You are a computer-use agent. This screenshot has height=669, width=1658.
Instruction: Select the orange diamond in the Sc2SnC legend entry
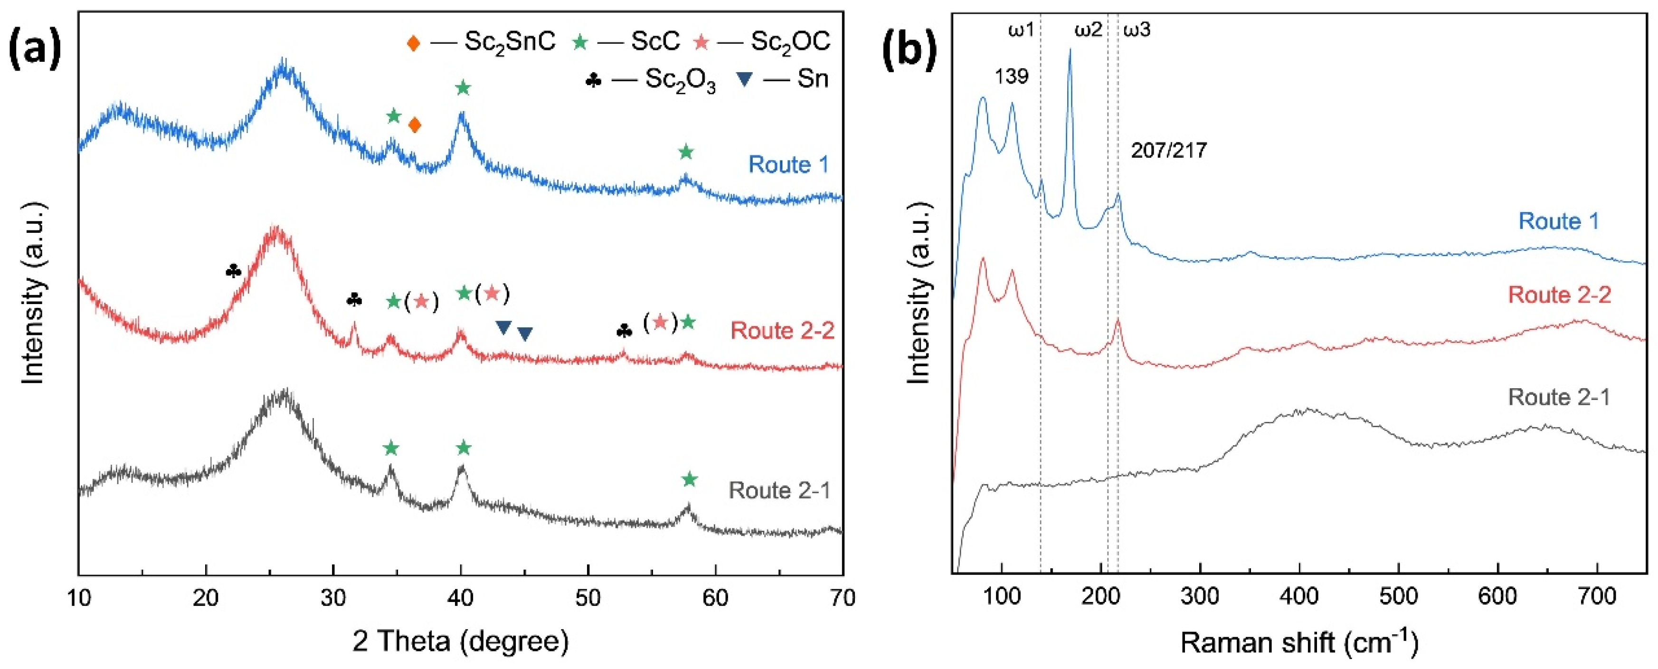[x=413, y=43]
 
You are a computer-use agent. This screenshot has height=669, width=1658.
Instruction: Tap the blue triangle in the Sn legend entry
[x=744, y=80]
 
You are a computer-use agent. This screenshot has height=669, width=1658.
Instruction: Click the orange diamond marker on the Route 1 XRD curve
[x=415, y=124]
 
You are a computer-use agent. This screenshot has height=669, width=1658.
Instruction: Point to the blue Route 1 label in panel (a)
[x=788, y=164]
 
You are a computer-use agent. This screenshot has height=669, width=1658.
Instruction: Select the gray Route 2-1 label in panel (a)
[x=779, y=491]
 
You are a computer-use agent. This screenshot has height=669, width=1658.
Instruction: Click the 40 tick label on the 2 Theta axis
[x=460, y=598]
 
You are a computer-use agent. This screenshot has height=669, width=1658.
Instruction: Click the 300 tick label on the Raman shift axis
[x=1200, y=596]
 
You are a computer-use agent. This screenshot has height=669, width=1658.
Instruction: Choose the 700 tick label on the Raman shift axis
[x=1597, y=596]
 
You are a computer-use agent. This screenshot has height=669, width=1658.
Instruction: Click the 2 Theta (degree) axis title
[x=460, y=641]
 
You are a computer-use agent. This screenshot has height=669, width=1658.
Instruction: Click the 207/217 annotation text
[x=1169, y=151]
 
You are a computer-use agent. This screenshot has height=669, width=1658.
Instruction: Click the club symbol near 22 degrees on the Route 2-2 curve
[x=234, y=271]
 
